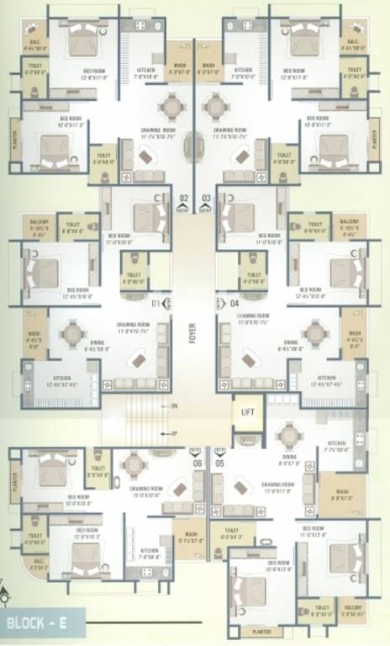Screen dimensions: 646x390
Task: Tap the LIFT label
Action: tap(247, 412)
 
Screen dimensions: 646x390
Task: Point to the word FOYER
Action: tap(192, 334)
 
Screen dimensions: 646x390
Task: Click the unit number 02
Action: tap(184, 199)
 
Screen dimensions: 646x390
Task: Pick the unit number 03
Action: tap(206, 199)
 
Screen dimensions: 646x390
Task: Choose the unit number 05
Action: tap(220, 462)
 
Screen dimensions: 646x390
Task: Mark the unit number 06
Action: tap(198, 462)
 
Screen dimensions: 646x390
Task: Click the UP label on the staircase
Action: tap(174, 433)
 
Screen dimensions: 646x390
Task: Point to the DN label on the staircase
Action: tap(174, 406)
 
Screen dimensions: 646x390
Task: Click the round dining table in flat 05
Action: tap(289, 435)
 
